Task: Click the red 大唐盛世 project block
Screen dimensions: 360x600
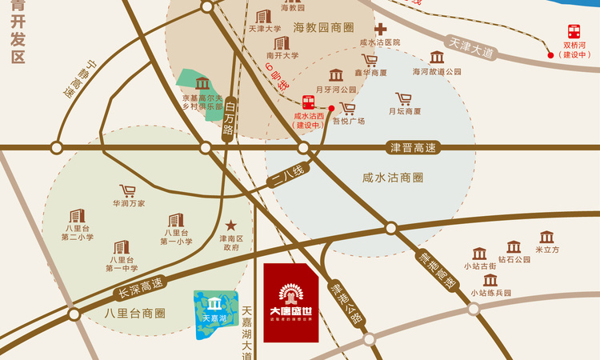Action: click(291, 302)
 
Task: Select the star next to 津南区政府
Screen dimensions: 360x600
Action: click(231, 226)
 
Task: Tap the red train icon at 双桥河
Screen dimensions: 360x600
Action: click(574, 32)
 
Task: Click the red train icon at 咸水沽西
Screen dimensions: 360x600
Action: click(308, 102)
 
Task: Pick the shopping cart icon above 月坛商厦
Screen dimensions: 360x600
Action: click(404, 99)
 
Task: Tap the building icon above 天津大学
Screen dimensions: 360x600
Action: click(263, 16)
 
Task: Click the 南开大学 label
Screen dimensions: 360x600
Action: click(282, 56)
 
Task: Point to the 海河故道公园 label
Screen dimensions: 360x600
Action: click(438, 71)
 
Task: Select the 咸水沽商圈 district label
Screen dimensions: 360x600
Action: click(392, 177)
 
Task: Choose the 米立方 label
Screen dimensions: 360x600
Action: click(547, 250)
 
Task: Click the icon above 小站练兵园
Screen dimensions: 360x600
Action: click(490, 280)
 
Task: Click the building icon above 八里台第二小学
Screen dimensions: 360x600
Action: click(77, 216)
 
